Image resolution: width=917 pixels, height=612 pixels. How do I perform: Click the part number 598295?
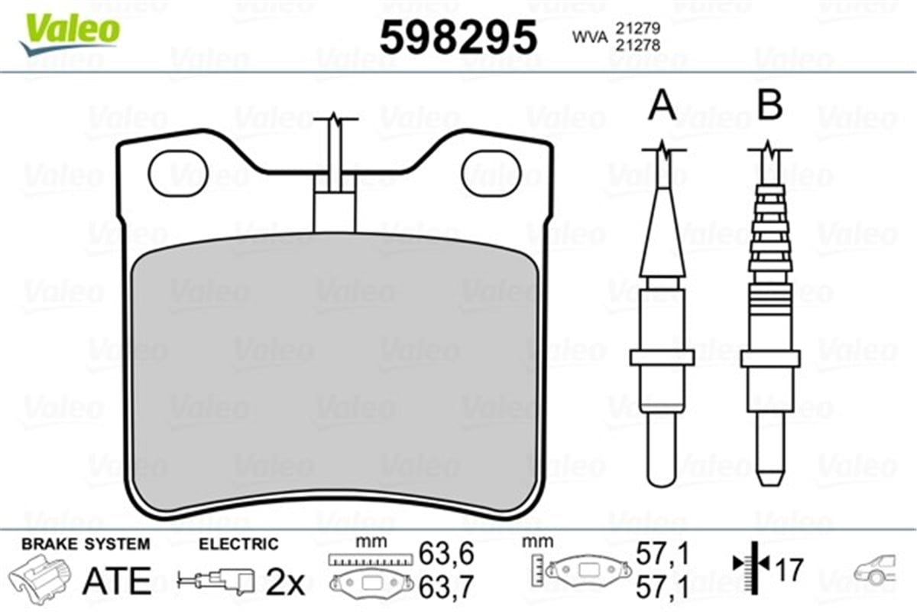click(x=458, y=37)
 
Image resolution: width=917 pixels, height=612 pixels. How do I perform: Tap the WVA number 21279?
click(x=638, y=28)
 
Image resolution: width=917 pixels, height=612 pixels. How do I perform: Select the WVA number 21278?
click(x=638, y=45)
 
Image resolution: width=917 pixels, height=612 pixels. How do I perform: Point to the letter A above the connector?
click(x=662, y=106)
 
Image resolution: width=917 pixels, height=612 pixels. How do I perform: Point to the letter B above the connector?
click(x=770, y=106)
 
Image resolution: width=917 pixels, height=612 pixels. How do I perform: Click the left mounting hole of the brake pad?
click(x=178, y=174)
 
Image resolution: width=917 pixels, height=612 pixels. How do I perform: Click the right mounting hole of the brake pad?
click(x=491, y=174)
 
